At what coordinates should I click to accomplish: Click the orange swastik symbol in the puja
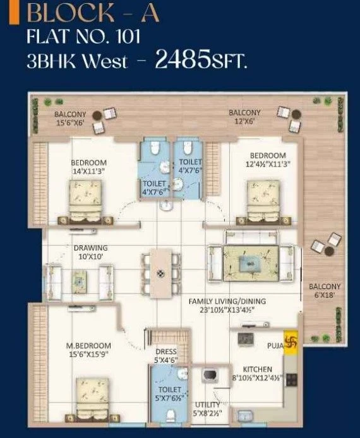[291, 342]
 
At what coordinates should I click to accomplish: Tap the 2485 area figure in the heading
[183, 59]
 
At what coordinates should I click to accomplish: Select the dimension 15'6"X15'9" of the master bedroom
[88, 354]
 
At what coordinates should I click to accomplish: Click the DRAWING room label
[90, 248]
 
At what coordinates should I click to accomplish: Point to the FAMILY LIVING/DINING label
[227, 302]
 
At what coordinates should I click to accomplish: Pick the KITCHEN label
[258, 369]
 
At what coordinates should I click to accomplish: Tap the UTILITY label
[207, 405]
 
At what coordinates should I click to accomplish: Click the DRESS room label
[166, 352]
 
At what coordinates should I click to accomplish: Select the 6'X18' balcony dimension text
[324, 295]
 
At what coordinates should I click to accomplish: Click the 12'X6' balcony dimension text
[244, 122]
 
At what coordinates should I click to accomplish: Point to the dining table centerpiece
[160, 274]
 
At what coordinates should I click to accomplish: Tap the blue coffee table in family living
[251, 264]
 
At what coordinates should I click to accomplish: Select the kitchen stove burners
[292, 380]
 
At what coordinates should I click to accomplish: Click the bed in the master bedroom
[92, 400]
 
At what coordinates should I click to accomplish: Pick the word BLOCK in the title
[70, 13]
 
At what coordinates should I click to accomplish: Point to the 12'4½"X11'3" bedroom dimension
[268, 163]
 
